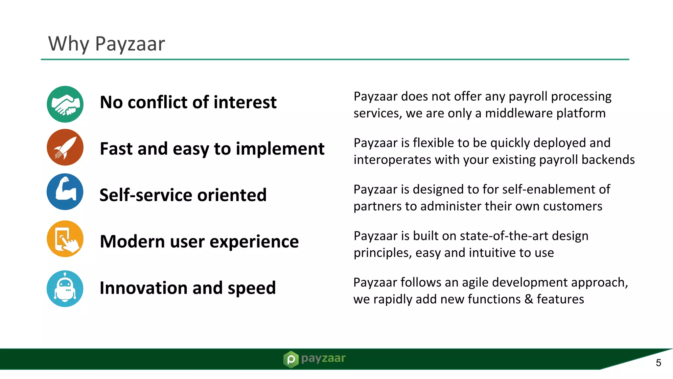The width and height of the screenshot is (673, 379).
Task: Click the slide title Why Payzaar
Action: pos(106,44)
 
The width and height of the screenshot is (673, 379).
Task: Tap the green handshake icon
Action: pos(65,104)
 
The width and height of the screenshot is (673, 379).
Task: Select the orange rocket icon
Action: pos(65,147)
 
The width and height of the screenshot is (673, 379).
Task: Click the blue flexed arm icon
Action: pos(65,192)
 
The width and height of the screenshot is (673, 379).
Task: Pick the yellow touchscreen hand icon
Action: pos(65,239)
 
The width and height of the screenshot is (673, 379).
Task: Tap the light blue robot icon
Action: pos(65,289)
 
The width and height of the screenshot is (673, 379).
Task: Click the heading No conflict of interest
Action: pos(188,102)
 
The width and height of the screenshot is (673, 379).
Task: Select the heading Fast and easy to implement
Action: pos(212,149)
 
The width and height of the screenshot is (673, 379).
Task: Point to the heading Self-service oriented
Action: pos(183,195)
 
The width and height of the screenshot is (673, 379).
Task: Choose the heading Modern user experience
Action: pos(199,241)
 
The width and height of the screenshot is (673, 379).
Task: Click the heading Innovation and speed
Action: pos(188,288)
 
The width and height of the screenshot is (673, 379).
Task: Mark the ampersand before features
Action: pos(529,299)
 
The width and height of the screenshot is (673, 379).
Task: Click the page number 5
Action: pos(658,363)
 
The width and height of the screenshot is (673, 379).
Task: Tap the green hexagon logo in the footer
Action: pos(291,359)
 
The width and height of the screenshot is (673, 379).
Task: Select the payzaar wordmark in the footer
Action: pos(323,358)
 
